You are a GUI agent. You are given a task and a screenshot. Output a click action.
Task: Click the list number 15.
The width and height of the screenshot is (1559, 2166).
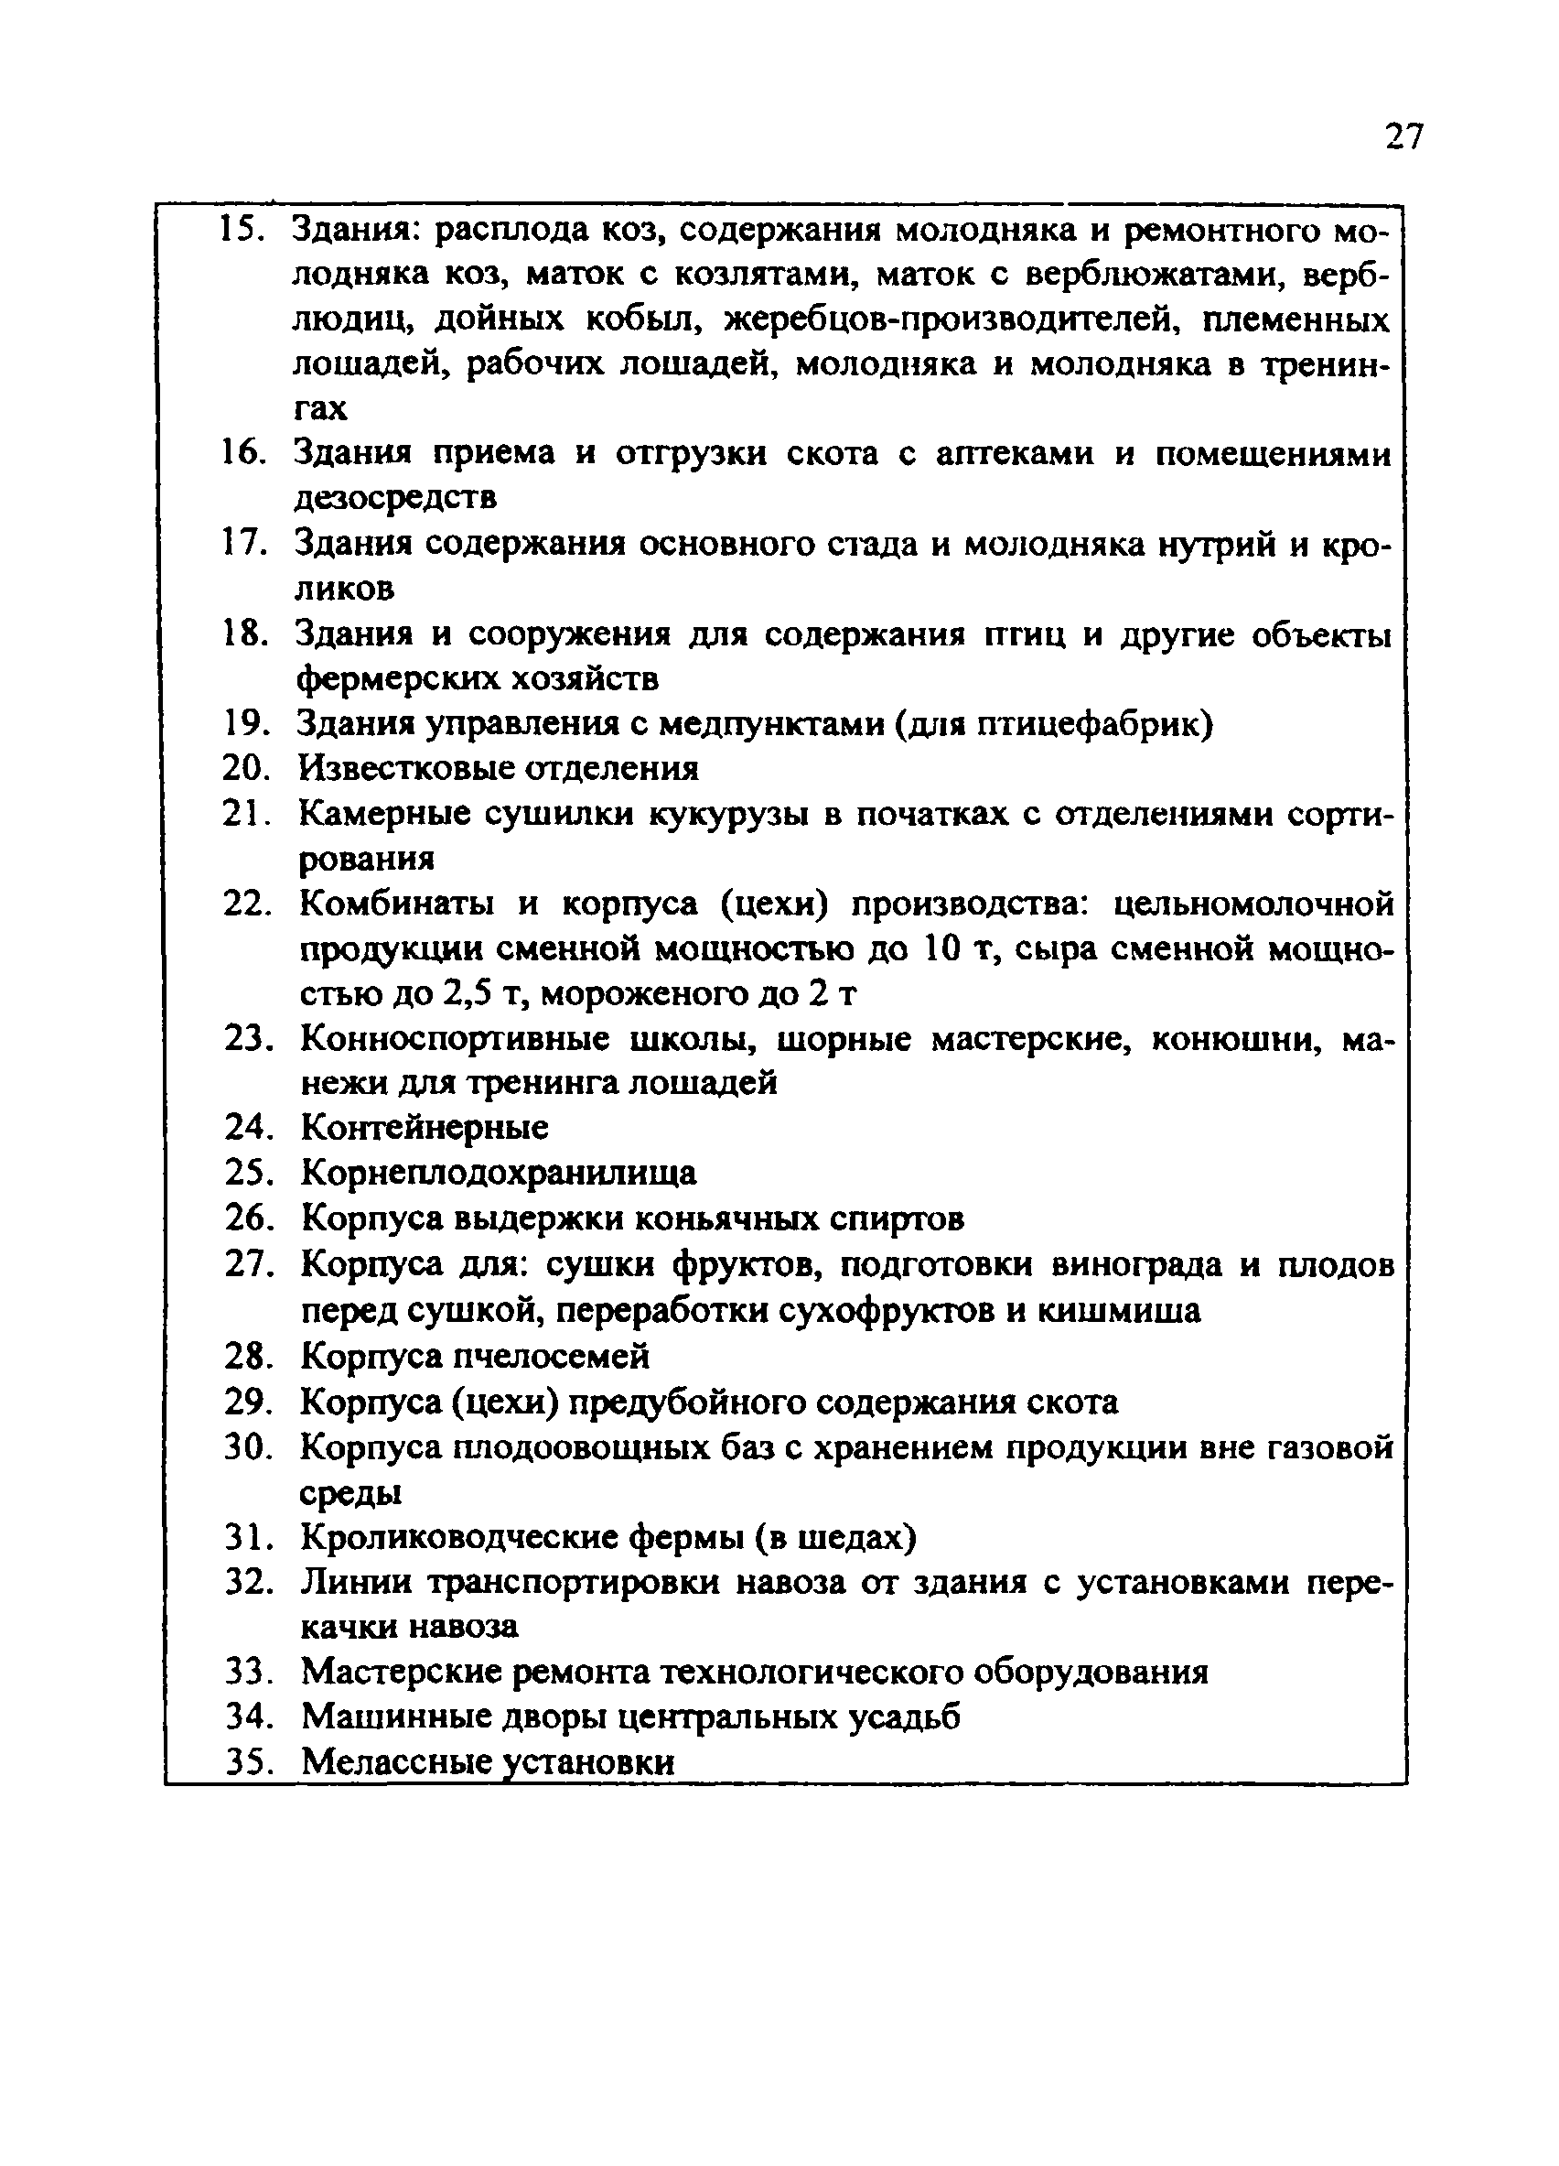[242, 230]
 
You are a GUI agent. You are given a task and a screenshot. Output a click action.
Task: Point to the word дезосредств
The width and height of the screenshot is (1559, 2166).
[395, 499]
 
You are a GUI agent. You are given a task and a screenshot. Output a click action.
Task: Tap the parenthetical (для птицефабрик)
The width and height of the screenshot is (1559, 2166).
[1053, 725]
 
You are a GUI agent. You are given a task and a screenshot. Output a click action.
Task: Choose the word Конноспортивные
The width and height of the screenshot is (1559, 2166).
[455, 1039]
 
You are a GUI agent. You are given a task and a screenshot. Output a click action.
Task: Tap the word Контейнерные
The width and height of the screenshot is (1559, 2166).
[425, 1128]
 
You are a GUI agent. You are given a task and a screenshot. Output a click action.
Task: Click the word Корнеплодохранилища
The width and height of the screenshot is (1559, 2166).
[499, 1173]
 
